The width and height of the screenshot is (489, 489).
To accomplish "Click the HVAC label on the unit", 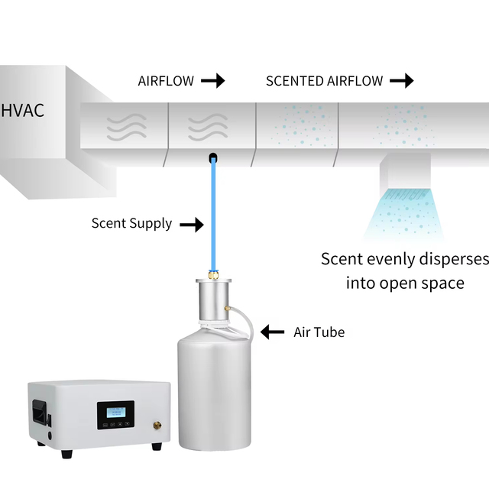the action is click(x=22, y=111).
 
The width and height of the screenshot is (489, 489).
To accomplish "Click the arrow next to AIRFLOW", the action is click(x=213, y=81).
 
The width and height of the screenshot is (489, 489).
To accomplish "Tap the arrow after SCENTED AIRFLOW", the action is click(x=402, y=81).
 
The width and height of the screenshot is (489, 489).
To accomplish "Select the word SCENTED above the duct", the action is click(x=295, y=81).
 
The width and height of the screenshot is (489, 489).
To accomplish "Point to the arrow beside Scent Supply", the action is click(x=192, y=225).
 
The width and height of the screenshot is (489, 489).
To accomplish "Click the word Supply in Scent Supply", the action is click(x=151, y=224).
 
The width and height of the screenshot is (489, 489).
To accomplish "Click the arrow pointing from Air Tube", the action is click(x=272, y=332).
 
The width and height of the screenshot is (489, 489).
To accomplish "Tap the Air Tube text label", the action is click(x=319, y=332).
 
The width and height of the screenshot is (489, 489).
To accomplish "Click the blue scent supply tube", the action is click(x=213, y=215).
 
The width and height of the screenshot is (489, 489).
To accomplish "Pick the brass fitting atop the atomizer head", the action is click(x=214, y=275).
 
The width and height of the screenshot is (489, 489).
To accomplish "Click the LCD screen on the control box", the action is click(x=116, y=413).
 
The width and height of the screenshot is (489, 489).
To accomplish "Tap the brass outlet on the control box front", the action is click(x=157, y=425).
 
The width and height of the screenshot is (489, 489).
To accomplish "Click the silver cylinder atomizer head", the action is click(x=214, y=300).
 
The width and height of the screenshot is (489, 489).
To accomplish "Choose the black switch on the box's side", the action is click(x=40, y=413).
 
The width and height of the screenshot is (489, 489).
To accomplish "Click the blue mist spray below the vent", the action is click(x=404, y=214).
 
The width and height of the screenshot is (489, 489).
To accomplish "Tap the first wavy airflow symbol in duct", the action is click(x=127, y=127).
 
